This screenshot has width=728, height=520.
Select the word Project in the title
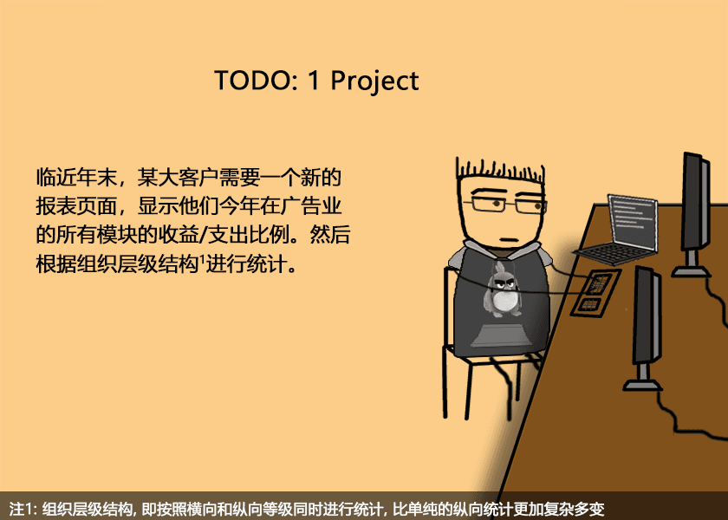[374, 81]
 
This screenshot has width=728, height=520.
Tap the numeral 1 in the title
[314, 81]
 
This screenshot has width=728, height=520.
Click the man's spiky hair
[501, 172]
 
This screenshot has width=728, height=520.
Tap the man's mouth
[509, 240]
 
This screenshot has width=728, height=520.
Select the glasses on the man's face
[505, 205]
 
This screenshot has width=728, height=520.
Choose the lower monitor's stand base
[642, 385]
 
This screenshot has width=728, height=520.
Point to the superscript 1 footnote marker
[202, 258]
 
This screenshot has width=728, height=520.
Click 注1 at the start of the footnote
[20, 509]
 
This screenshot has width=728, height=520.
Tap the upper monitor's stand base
[692, 271]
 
